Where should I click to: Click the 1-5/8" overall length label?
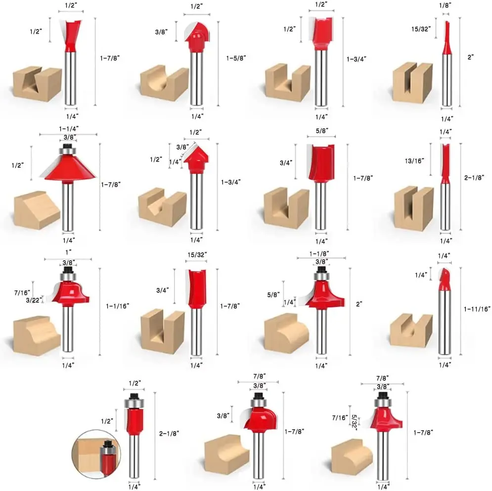coord(236,58)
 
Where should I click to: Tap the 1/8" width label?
coord(445,5)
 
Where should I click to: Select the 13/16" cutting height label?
coord(414,161)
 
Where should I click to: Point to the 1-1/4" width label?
coord(68,129)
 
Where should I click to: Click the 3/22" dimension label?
coord(34,300)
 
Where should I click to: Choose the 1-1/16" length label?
coord(117,306)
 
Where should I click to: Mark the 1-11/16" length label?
coord(477,309)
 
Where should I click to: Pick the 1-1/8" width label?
coord(319,254)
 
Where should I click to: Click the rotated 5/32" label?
coord(354,423)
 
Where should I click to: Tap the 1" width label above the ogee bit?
coord(68,252)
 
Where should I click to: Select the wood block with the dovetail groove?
coord(37,83)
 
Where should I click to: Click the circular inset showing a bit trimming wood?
coord(96,454)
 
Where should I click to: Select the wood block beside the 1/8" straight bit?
coord(412,82)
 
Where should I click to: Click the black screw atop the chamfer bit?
coord(67,146)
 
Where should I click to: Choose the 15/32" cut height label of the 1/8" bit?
coord(421,29)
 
